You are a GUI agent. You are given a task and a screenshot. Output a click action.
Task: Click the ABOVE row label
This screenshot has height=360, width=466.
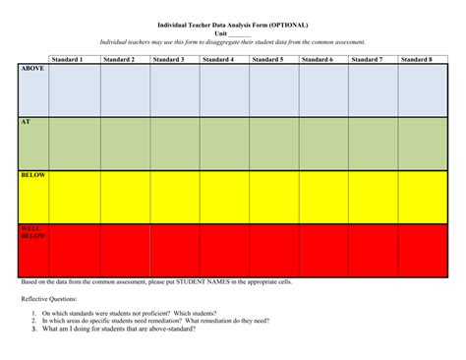[32, 70]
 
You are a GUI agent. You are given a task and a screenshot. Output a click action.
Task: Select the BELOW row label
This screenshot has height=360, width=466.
[33, 175]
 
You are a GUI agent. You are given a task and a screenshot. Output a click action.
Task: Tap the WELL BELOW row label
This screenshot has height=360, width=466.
[33, 232]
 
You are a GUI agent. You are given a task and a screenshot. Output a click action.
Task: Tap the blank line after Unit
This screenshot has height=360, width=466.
[240, 34]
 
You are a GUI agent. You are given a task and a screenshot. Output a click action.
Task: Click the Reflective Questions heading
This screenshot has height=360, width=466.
[48, 298]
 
